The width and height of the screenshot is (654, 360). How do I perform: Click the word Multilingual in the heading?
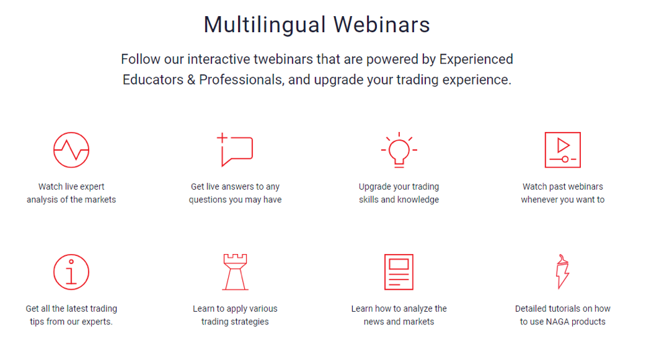point(264,25)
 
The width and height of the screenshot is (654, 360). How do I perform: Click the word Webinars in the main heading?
point(382,24)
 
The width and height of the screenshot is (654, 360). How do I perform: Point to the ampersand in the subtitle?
point(191,80)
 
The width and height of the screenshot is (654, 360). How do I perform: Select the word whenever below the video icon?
point(539,200)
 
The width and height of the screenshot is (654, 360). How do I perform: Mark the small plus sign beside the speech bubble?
point(222,137)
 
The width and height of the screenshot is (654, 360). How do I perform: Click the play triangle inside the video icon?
point(563,145)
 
